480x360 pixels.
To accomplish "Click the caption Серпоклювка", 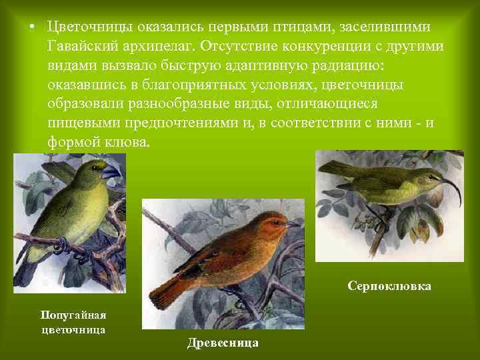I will pos(389,286).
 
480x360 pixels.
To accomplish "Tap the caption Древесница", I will pos(223,343).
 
